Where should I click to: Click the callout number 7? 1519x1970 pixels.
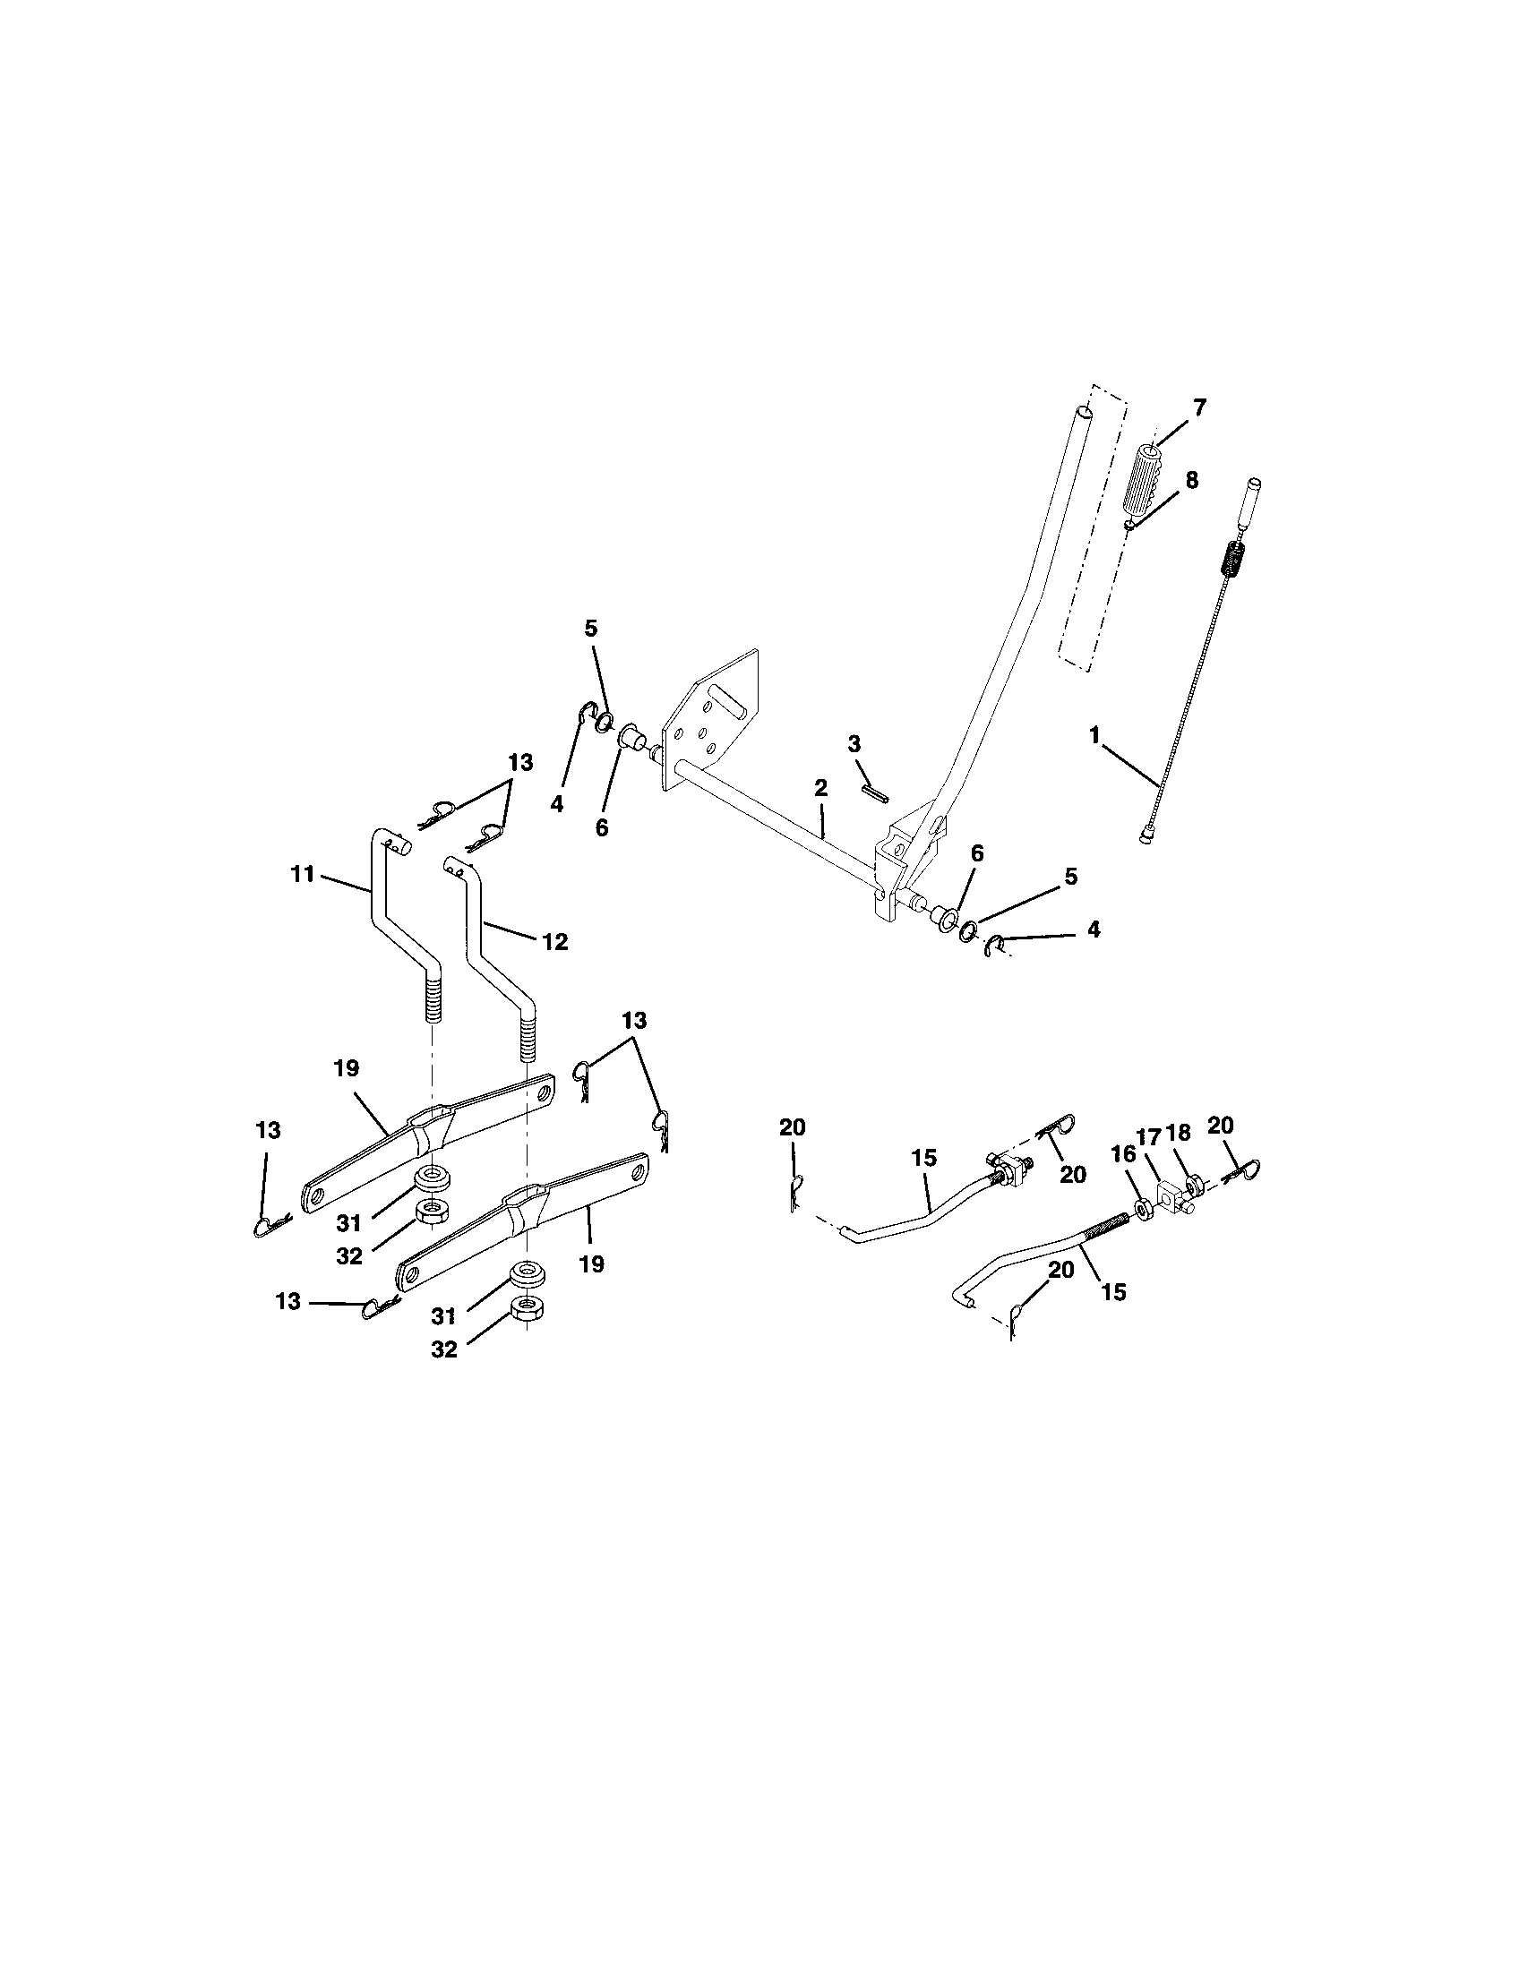coord(1198,407)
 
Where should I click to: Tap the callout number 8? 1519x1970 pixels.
coord(1191,480)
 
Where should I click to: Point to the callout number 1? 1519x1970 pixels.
coord(1095,736)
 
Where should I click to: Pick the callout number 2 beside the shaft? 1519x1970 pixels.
coord(820,787)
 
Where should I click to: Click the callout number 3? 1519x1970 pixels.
coord(854,743)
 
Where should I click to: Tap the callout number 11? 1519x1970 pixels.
coord(302,873)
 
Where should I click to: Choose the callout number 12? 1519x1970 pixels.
coord(554,942)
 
